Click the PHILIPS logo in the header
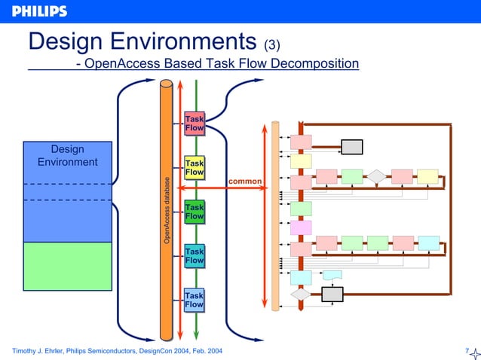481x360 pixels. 39,11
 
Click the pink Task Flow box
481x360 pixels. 195,124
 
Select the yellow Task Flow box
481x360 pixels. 195,168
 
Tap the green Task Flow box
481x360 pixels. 195,212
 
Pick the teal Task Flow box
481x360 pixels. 195,255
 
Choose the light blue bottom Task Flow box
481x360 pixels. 195,300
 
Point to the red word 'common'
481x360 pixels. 244,182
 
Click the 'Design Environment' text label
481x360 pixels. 68,156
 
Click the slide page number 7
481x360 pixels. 467,351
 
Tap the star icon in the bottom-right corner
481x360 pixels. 475,354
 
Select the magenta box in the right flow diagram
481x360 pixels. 301,227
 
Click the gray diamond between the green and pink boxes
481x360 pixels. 376,176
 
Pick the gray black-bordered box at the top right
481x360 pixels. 351,146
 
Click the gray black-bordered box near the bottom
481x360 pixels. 332,294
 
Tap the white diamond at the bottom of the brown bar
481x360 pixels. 301,295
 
